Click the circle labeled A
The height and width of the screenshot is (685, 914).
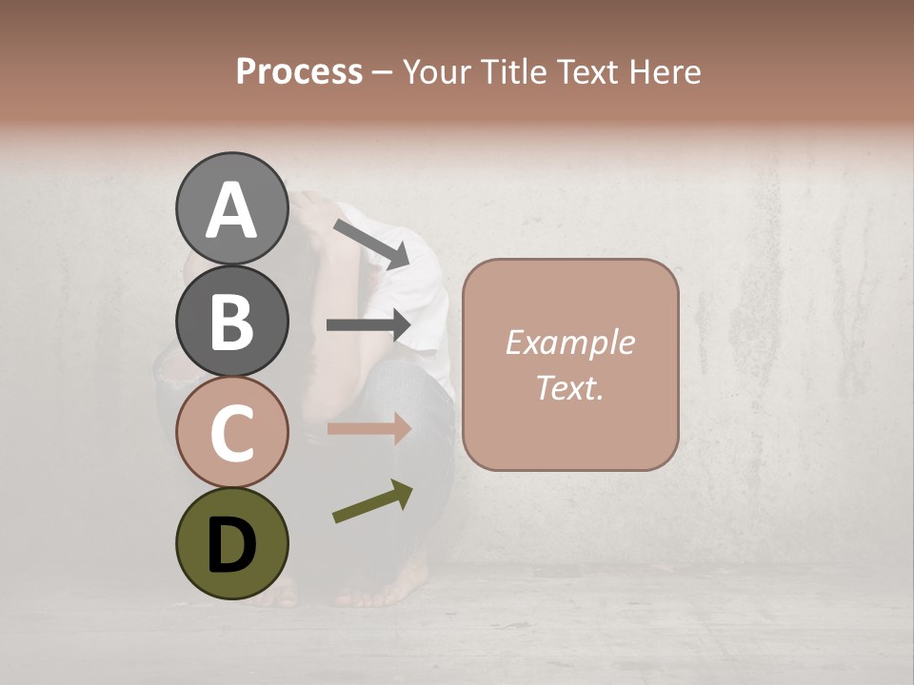click(x=231, y=208)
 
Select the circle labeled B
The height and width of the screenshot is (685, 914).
click(x=231, y=321)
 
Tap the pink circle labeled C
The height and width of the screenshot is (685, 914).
click(x=231, y=432)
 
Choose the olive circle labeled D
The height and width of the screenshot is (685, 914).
click(x=231, y=544)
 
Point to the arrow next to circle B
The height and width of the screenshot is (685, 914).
click(x=368, y=325)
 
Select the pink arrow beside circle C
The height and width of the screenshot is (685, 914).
click(x=368, y=428)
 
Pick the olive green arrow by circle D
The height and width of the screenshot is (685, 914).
click(x=372, y=501)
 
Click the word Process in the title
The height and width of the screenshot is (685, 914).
click(x=299, y=71)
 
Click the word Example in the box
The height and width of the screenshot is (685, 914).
click(x=569, y=342)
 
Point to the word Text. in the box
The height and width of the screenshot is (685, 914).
click(x=569, y=387)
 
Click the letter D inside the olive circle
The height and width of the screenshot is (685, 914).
click(x=231, y=545)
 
